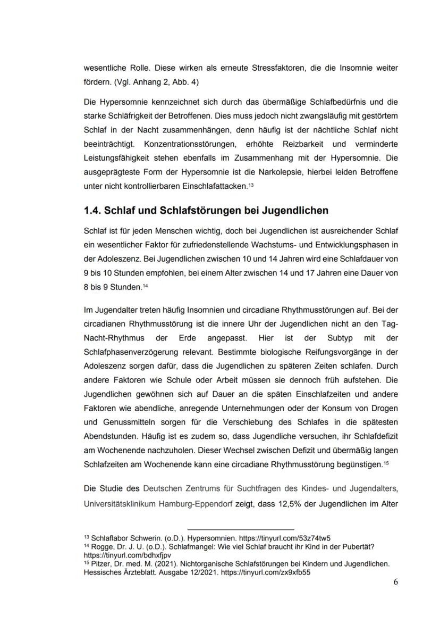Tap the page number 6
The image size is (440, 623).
395,582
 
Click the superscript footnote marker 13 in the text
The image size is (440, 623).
251,184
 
